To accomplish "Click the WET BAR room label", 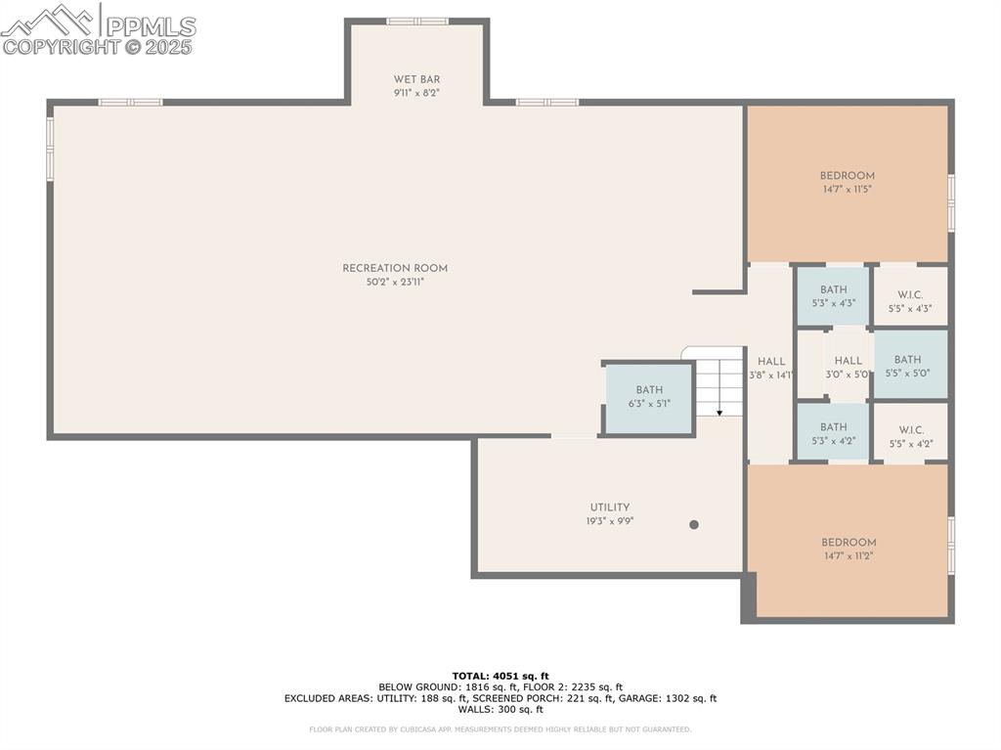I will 416,79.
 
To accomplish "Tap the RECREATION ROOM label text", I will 395,268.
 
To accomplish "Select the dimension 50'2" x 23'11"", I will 395,282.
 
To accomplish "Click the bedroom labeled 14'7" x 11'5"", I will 847,183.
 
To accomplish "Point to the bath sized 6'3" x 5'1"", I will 649,397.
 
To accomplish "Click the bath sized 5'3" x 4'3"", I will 833,296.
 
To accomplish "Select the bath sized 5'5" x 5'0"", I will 908,365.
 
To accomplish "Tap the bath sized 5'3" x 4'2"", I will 833,433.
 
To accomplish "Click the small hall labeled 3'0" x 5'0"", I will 848,367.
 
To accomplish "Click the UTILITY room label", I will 609,507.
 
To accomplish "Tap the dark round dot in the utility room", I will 694,525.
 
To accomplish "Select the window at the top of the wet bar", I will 417,21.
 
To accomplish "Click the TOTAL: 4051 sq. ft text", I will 500,676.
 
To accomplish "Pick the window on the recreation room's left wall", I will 50,149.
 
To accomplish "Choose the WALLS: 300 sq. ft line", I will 500,710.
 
